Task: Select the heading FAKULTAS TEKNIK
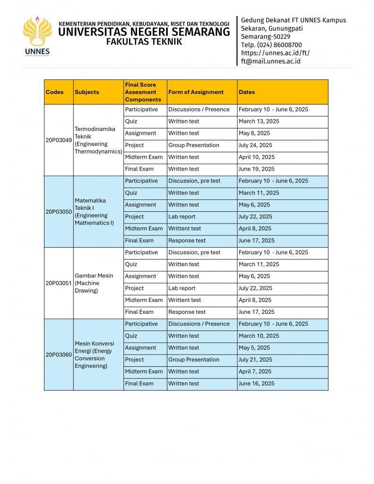click(144, 42)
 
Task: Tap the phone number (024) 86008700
click(271, 45)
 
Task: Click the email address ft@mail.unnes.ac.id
click(270, 61)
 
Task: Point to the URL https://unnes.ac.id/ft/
click(275, 53)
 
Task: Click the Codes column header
click(54, 92)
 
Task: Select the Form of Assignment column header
click(196, 92)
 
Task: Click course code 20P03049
click(59, 140)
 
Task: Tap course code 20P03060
click(59, 354)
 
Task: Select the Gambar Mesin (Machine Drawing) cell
click(95, 283)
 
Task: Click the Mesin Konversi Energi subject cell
click(95, 354)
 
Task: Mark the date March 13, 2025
click(259, 121)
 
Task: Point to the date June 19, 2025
click(256, 169)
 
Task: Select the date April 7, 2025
click(255, 372)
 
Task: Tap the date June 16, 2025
click(256, 383)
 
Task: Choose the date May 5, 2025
click(254, 348)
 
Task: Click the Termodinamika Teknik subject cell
click(97, 140)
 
